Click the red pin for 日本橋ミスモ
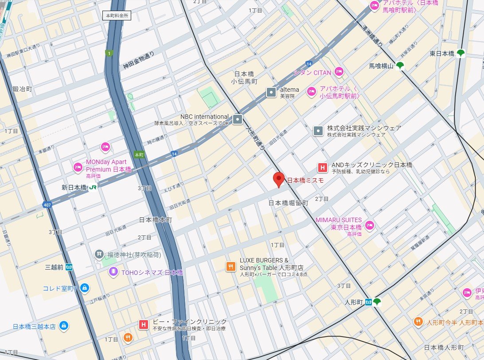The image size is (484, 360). (278, 179)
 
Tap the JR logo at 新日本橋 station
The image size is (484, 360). (93, 188)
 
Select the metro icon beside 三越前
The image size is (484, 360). (69, 267)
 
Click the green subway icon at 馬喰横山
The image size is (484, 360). (400, 66)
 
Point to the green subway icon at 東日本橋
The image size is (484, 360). (461, 53)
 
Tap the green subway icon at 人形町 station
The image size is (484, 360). (377, 302)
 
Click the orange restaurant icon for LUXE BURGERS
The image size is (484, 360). (230, 267)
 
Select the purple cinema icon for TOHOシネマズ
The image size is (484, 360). (114, 272)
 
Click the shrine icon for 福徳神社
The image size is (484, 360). (100, 254)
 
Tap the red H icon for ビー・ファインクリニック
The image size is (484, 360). (144, 325)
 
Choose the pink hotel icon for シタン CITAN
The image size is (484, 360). (339, 71)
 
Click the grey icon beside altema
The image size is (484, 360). (271, 92)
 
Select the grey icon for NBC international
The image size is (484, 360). (238, 119)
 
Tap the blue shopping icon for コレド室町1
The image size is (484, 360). (85, 289)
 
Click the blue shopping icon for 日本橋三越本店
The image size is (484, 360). (64, 326)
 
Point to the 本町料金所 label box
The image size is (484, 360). (116, 15)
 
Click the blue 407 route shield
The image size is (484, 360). (47, 204)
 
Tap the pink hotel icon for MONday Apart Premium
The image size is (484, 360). (105, 146)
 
